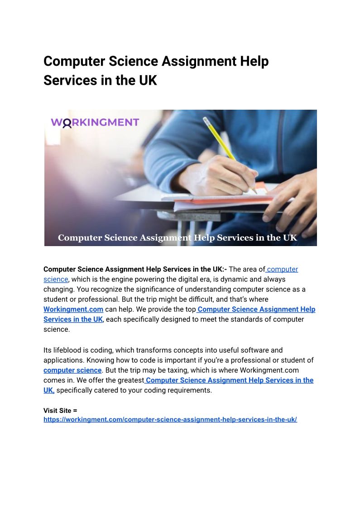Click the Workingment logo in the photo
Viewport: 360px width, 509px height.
point(95,122)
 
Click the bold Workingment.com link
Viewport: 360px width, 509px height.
point(73,309)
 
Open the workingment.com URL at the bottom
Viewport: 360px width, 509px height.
point(170,420)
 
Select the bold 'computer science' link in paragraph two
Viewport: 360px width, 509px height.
point(72,370)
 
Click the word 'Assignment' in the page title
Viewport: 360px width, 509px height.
point(190,61)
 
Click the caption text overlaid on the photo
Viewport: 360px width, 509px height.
point(177,238)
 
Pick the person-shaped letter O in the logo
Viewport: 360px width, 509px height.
point(67,123)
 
